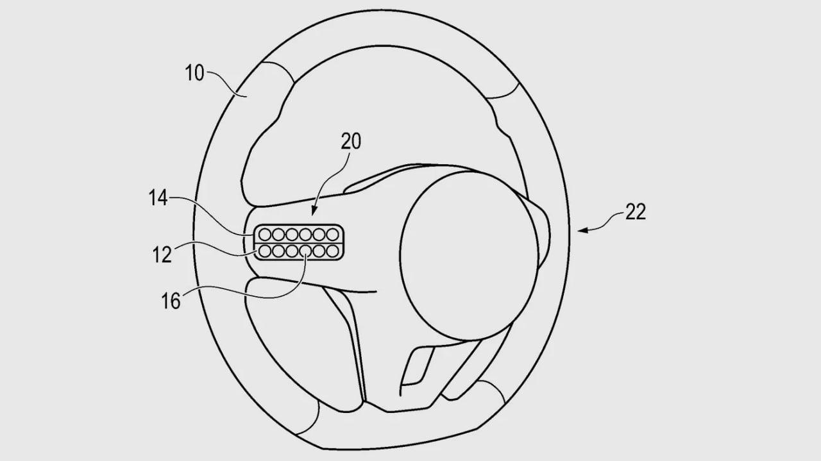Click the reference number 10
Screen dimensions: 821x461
[x=194, y=73]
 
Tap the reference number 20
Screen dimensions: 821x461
[x=351, y=142]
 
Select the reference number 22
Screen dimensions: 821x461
[x=635, y=212]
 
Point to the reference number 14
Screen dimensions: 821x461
[x=158, y=198]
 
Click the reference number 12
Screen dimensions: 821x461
[x=162, y=255]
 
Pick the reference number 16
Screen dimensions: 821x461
[x=171, y=301]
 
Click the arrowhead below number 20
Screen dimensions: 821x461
[x=314, y=211]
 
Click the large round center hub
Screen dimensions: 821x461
[x=469, y=256]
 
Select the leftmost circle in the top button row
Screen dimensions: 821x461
[x=265, y=234]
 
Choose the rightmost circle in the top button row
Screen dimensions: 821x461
[x=332, y=234]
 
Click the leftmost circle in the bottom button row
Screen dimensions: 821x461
[x=265, y=251]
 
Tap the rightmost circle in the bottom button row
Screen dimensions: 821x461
[x=332, y=251]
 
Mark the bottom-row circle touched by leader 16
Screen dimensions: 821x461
[x=305, y=251]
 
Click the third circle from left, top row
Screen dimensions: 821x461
[x=292, y=234]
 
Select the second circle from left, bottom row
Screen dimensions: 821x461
[x=278, y=251]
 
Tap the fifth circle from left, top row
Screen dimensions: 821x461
[x=319, y=234]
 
